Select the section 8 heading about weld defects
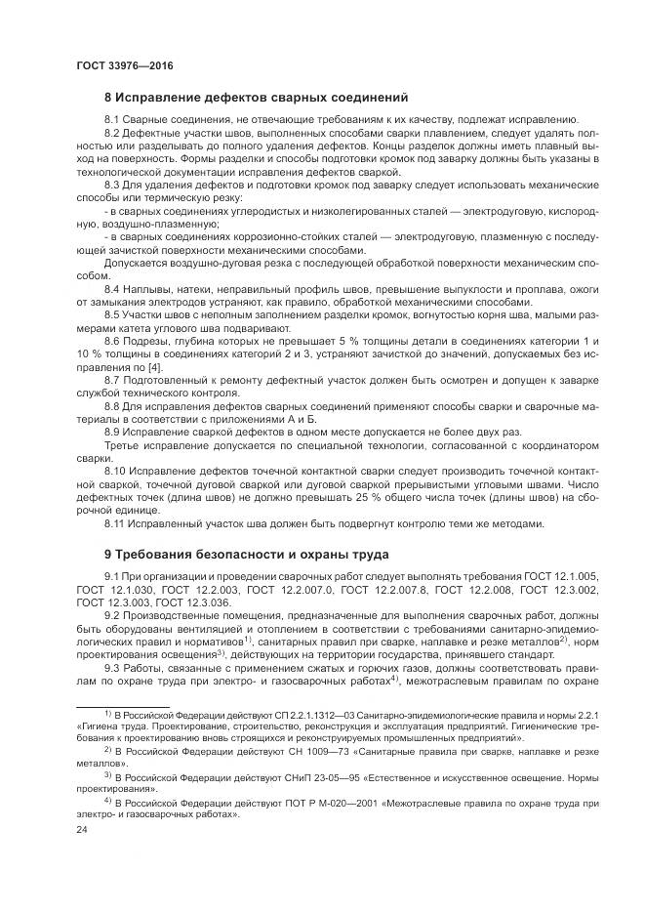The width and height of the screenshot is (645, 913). [x=256, y=98]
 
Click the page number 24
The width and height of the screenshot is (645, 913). [x=82, y=829]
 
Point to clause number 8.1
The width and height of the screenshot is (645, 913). [x=112, y=118]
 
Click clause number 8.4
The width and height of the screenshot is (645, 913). [x=112, y=290]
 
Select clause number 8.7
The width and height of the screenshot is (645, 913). [x=112, y=378]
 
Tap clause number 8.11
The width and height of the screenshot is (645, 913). [x=115, y=522]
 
